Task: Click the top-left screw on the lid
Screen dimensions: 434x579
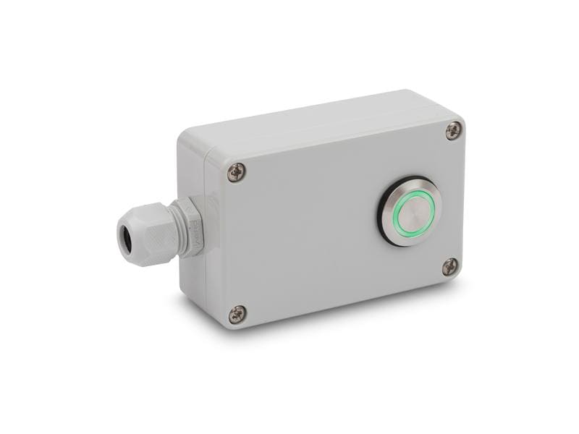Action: (x=236, y=172)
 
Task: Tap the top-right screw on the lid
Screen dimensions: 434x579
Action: (x=454, y=131)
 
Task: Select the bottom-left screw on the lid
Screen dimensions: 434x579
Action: (x=237, y=314)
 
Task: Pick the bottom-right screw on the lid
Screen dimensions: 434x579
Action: (x=450, y=267)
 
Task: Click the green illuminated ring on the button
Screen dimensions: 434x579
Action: (x=396, y=213)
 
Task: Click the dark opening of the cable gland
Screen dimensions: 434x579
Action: (x=124, y=237)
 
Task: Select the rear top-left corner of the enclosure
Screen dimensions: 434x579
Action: (x=182, y=134)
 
